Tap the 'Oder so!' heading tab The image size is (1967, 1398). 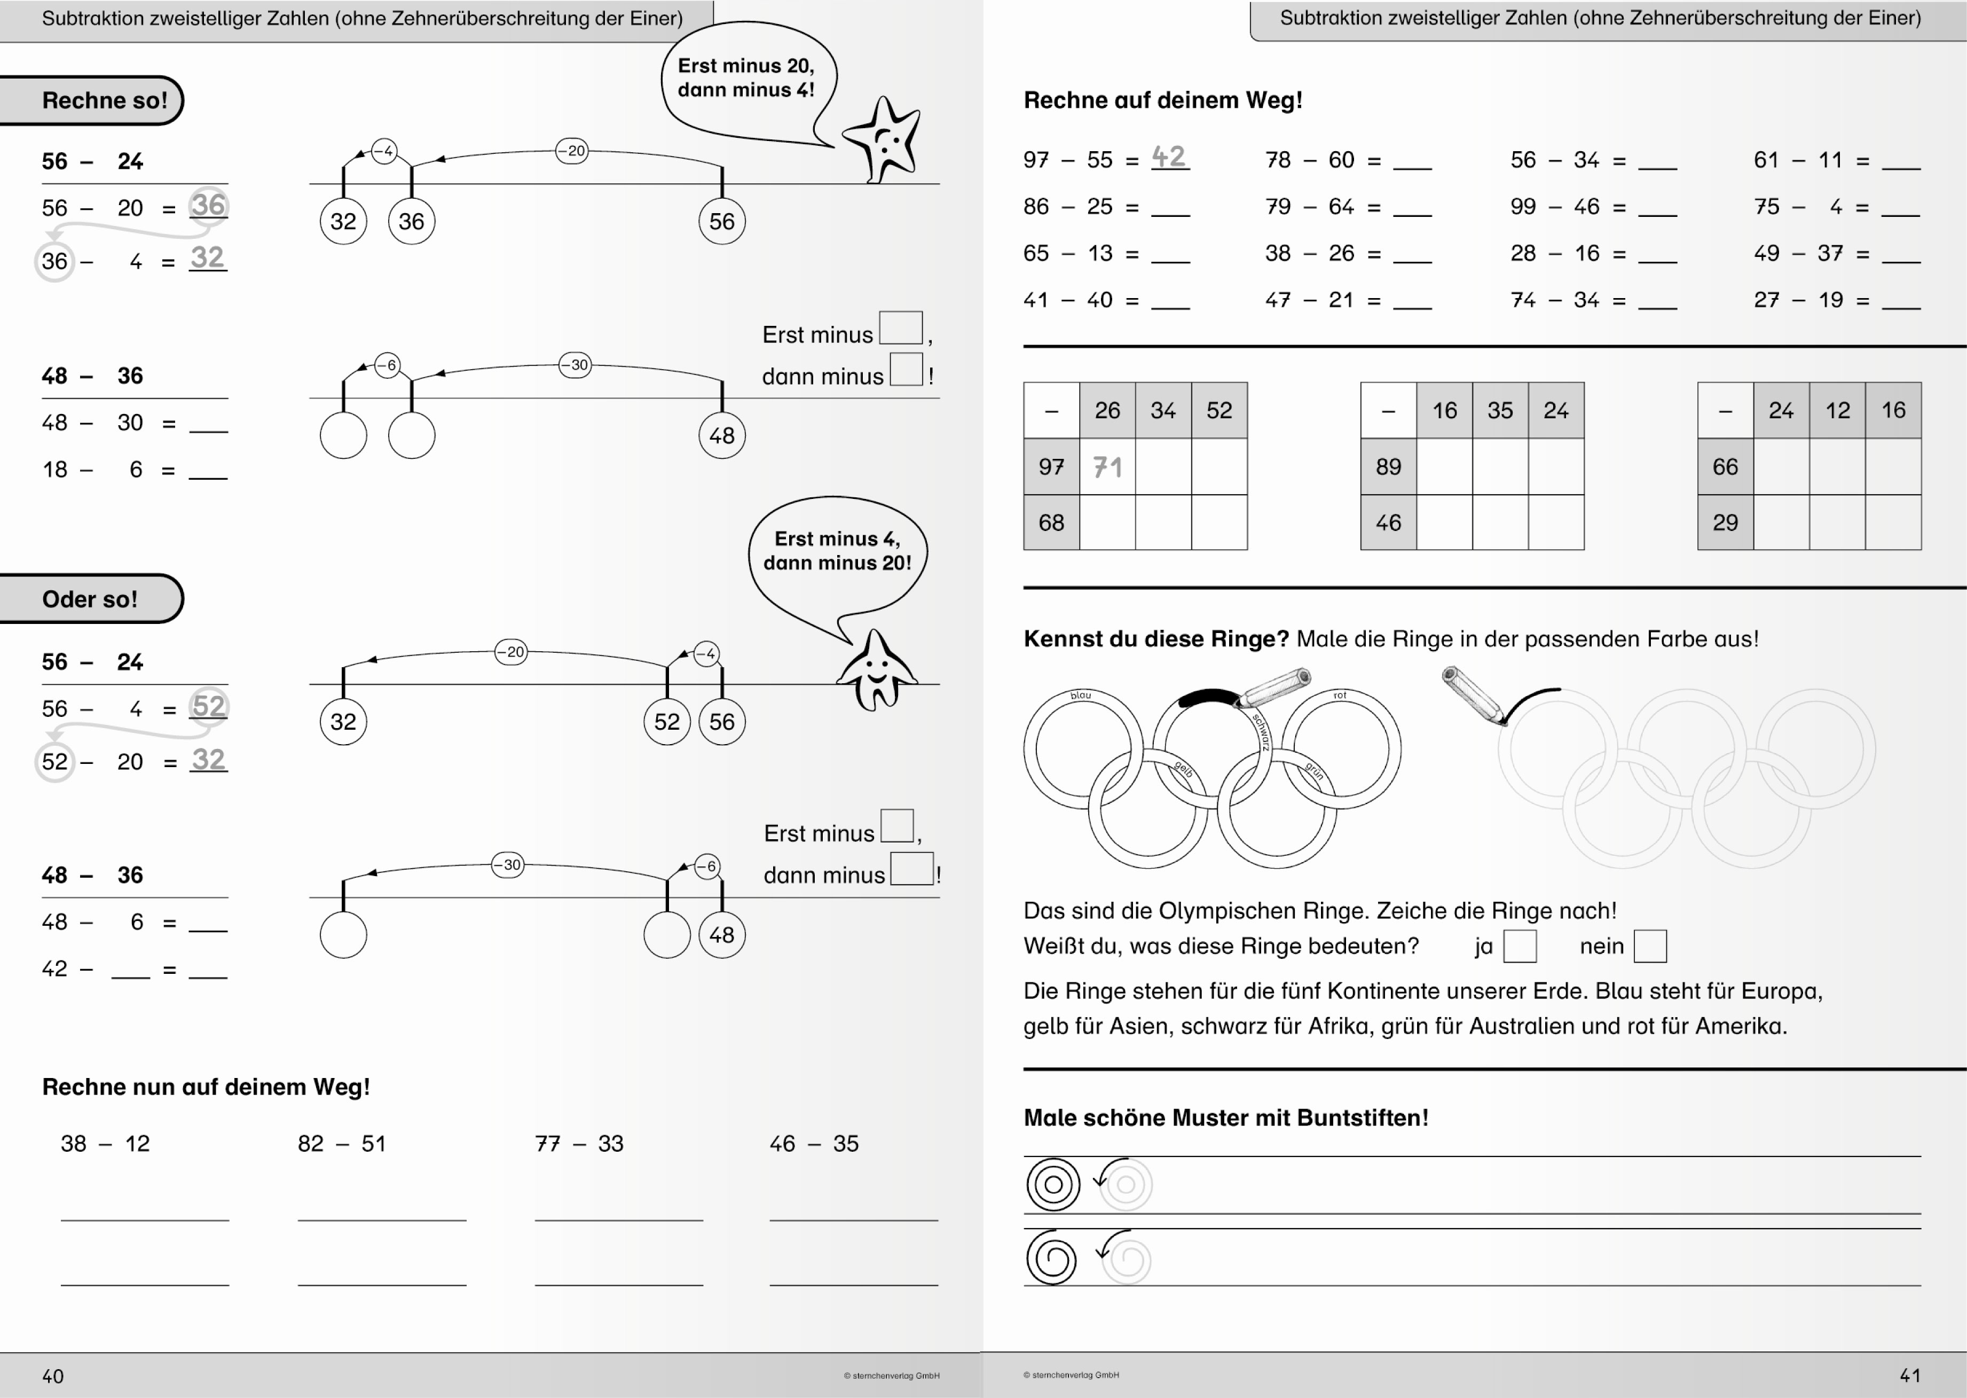tap(90, 599)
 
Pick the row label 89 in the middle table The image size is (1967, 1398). tap(1388, 466)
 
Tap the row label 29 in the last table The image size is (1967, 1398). tap(1725, 522)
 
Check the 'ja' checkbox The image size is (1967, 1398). tap(1520, 946)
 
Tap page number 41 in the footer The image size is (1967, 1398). tap(1910, 1374)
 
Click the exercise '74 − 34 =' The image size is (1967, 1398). tap(1568, 300)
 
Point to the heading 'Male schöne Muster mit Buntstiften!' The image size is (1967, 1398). tap(1225, 1118)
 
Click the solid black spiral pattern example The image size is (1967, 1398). tap(1051, 1259)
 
